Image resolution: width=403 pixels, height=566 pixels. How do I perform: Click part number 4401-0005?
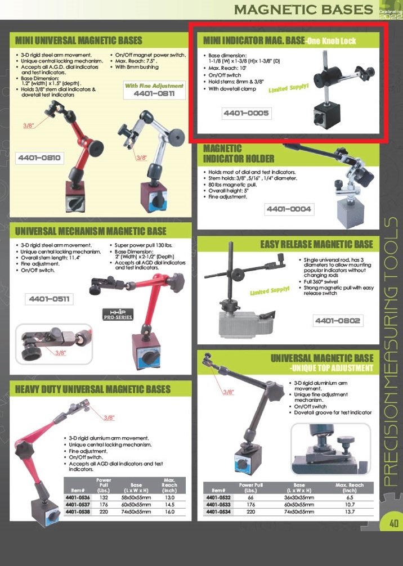pos(247,113)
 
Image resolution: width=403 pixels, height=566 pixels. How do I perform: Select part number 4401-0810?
pos(39,158)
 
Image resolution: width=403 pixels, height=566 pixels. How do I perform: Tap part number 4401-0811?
pos(154,93)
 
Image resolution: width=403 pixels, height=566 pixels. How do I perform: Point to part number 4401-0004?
pos(289,209)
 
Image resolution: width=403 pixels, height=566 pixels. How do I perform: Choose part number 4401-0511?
pos(49,299)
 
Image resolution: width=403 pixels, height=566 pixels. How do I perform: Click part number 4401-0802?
pos(338,321)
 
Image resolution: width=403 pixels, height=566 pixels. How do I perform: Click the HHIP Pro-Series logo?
pos(118,314)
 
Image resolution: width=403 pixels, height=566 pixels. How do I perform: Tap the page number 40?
pos(393,523)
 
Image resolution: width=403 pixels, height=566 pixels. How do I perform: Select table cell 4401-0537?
pos(78,505)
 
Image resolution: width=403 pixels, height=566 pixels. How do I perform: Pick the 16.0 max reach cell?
pos(169,512)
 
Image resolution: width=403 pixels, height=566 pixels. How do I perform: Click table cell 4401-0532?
pos(218,497)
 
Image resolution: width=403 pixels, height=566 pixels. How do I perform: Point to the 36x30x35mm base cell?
pos(299,497)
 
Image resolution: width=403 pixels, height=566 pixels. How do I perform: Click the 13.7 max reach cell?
pos(350,512)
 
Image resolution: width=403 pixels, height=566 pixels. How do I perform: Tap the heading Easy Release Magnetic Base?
pos(317,244)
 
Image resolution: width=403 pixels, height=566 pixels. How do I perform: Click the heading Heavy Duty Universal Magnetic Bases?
pos(93,389)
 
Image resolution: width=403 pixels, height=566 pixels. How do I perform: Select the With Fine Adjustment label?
pos(154,86)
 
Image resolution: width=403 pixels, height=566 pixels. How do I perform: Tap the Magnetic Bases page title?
pos(304,10)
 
